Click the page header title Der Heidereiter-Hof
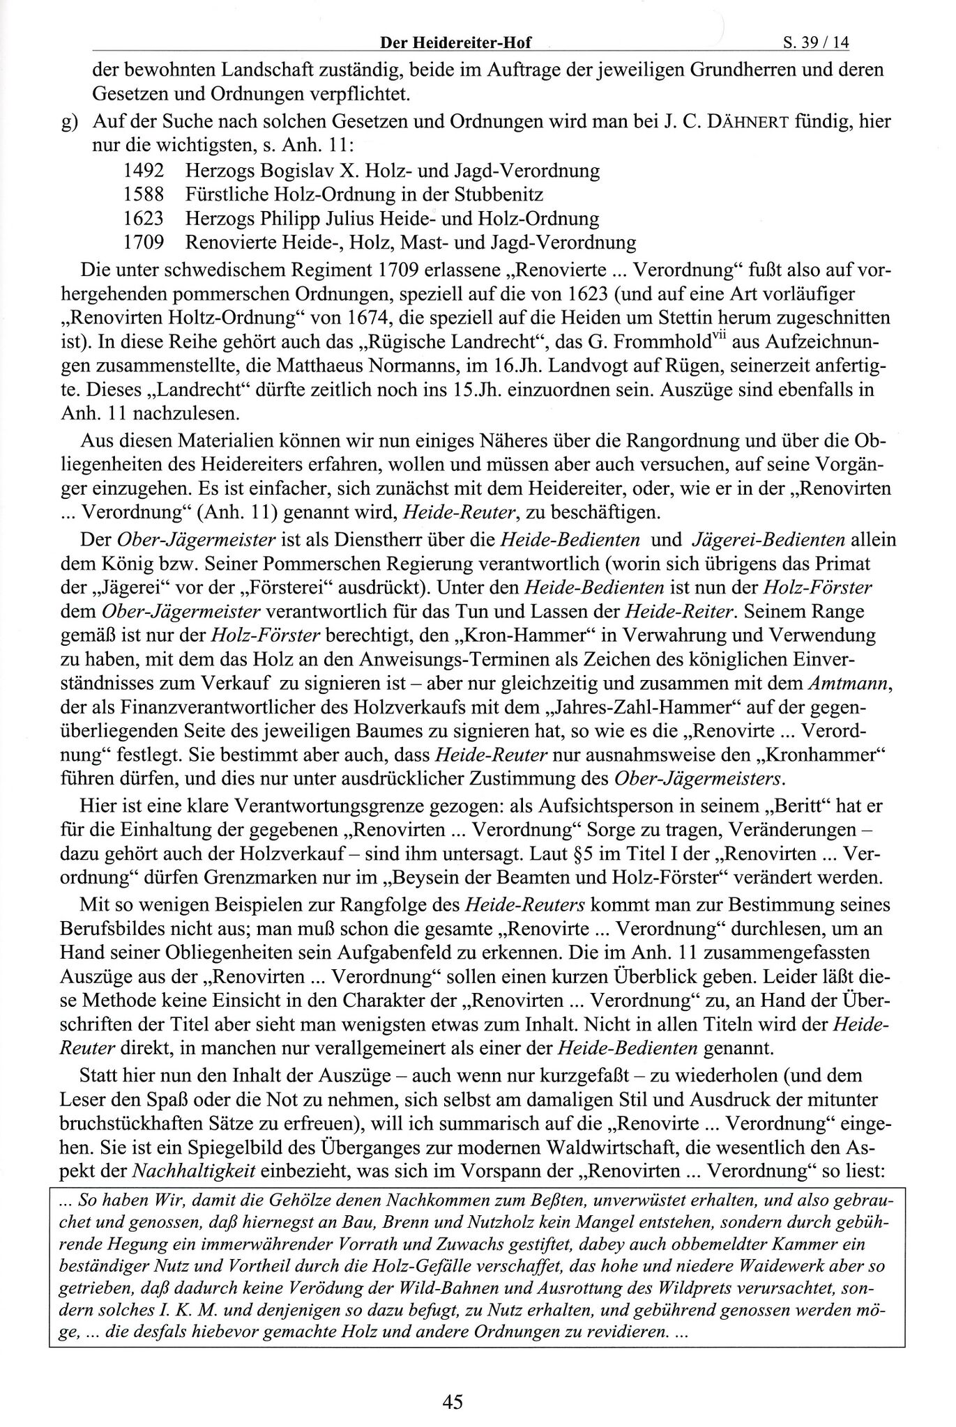tap(455, 43)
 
